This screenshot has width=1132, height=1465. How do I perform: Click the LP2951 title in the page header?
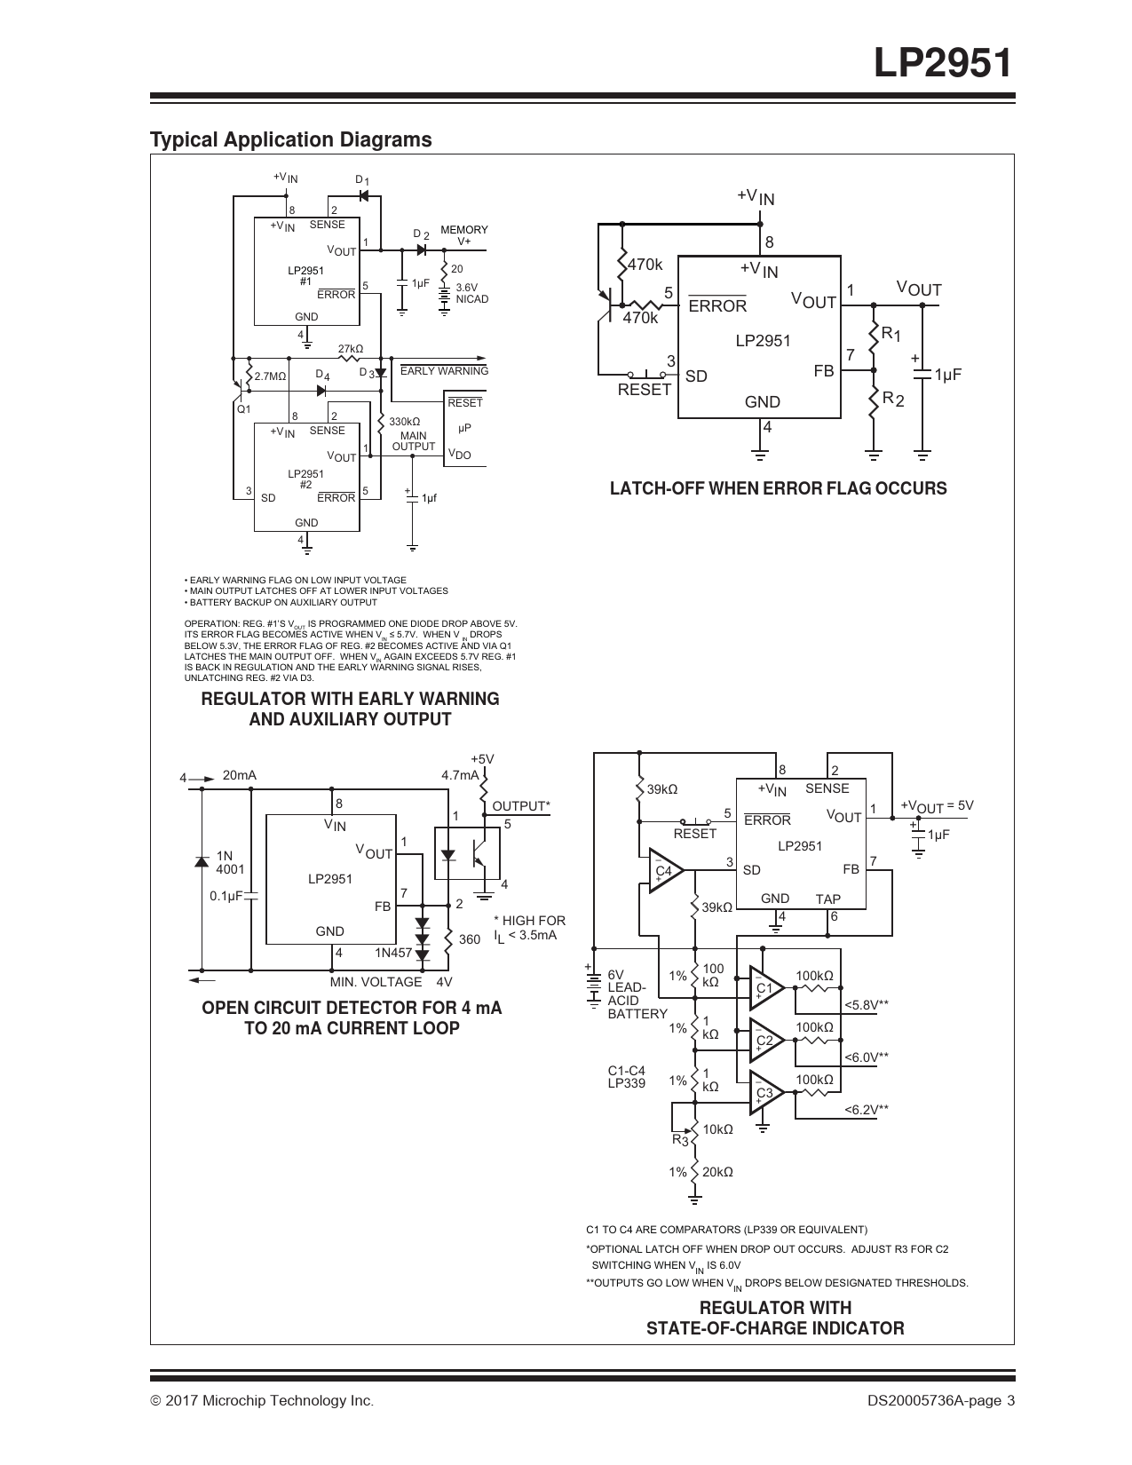point(943,63)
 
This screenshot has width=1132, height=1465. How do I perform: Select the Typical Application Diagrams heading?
point(290,139)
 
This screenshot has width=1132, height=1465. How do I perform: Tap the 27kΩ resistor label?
point(351,349)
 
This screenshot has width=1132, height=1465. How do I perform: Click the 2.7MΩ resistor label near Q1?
point(271,376)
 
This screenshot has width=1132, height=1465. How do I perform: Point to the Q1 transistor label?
point(243,409)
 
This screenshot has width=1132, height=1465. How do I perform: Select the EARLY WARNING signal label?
point(444,371)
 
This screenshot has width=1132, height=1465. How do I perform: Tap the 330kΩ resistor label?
point(405,422)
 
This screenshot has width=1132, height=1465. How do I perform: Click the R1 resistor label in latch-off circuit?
point(891,333)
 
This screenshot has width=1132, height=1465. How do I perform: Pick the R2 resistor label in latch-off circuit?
point(893,400)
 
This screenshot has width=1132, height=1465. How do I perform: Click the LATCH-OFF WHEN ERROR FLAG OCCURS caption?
point(778,488)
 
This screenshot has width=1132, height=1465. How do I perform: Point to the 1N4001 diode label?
point(230,862)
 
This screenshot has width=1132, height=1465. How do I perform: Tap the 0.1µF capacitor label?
point(226,896)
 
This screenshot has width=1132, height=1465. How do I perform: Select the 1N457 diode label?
point(393,953)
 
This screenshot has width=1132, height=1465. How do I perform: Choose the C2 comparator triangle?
point(766,1040)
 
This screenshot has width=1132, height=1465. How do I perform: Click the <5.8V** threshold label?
point(867,1005)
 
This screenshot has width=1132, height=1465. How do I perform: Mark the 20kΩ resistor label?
point(717,1172)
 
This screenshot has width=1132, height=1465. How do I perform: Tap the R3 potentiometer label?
point(680,1139)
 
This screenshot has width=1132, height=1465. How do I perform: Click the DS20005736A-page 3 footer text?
point(941,1400)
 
